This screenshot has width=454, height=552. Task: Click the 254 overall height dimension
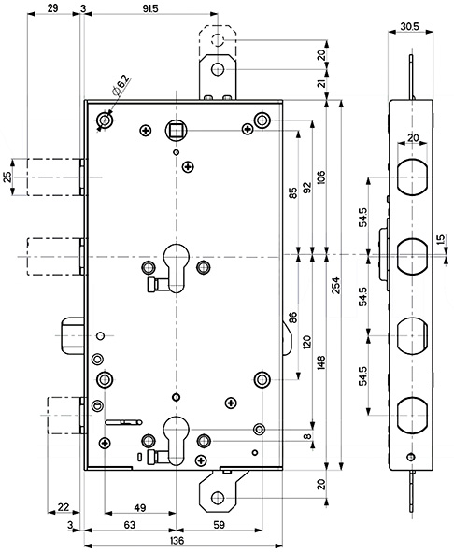click(x=335, y=286)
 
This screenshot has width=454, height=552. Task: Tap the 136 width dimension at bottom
click(x=177, y=541)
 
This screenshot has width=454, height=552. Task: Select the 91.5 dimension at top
click(x=150, y=8)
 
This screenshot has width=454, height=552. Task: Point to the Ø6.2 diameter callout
click(x=121, y=86)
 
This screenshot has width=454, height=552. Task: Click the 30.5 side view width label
click(x=409, y=26)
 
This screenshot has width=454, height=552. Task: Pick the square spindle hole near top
click(x=176, y=131)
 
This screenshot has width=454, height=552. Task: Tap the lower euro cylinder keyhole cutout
click(x=177, y=440)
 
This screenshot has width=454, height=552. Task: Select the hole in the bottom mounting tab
click(x=218, y=498)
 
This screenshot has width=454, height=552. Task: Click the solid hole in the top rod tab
click(x=218, y=69)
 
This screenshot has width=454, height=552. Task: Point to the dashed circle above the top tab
click(x=218, y=40)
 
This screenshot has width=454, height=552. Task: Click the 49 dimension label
click(x=140, y=508)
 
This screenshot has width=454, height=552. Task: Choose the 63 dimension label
click(x=130, y=525)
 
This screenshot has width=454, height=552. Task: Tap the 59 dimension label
click(x=220, y=525)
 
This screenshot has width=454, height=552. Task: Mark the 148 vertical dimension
click(x=320, y=362)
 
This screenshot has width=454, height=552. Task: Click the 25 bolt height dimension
click(x=7, y=177)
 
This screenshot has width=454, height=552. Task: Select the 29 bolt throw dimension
click(x=52, y=8)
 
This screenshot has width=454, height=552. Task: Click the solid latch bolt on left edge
click(x=73, y=336)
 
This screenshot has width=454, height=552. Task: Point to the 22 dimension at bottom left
click(x=63, y=507)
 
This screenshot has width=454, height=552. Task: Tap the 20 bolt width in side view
click(x=413, y=137)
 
